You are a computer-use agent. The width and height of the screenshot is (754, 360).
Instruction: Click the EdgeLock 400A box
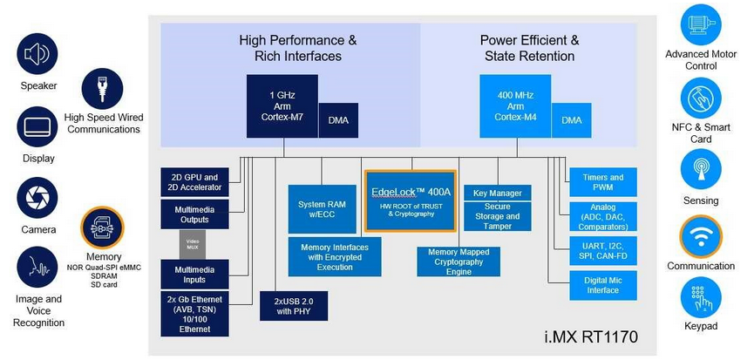410,200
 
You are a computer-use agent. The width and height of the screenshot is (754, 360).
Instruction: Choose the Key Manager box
498,193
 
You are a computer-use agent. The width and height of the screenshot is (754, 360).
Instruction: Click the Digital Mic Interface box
602,285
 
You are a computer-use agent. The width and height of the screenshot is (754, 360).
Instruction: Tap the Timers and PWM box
602,182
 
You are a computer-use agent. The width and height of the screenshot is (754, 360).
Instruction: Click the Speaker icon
38,54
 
